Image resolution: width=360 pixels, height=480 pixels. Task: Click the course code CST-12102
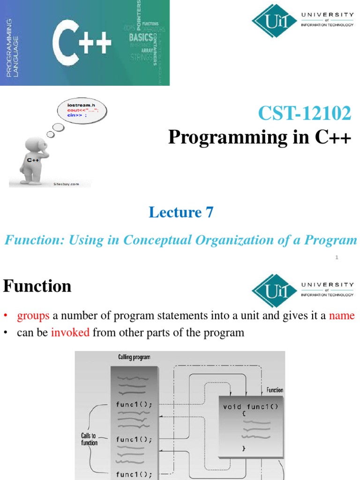[305, 113]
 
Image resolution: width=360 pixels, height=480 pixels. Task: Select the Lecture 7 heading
[181, 213]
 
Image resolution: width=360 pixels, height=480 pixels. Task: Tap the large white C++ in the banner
[82, 43]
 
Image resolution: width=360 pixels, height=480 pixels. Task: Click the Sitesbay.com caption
[66, 184]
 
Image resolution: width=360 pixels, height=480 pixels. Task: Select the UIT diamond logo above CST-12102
[274, 20]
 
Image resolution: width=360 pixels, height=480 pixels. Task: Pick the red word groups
[33, 316]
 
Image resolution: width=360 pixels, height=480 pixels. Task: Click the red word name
[342, 316]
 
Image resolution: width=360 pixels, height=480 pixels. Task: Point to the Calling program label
[134, 357]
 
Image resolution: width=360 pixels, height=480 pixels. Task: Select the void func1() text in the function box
[250, 407]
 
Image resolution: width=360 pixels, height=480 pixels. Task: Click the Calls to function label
[89, 439]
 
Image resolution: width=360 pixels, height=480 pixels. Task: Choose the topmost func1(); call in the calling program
[134, 404]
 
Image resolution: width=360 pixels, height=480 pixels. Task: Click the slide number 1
[337, 257]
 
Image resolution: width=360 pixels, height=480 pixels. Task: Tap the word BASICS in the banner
[141, 37]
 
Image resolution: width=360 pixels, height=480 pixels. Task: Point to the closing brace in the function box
[244, 448]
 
